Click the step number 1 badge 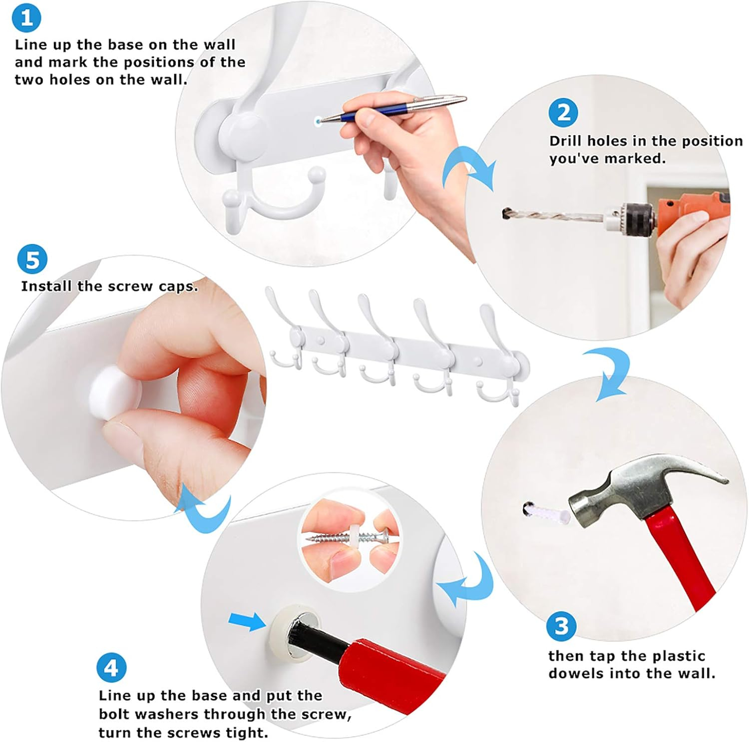pos(26,18)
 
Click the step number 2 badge pos(563,113)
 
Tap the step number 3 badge pos(562,626)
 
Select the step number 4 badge pos(111,668)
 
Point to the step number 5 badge pos(32,260)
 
